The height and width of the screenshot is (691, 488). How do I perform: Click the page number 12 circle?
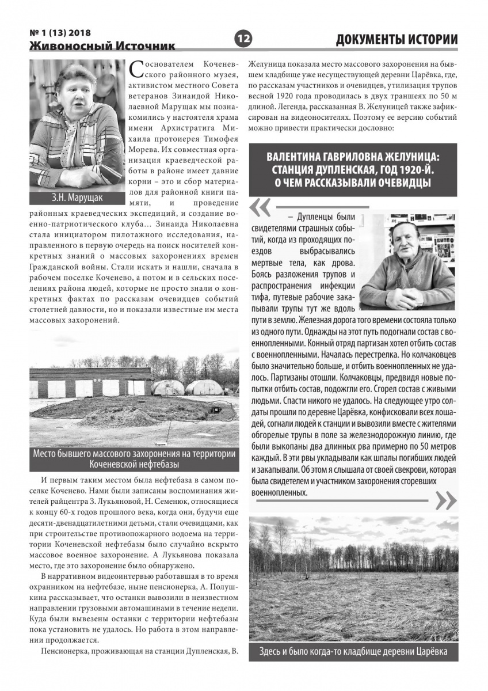243,39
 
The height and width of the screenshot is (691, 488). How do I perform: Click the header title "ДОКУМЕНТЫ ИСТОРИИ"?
396,39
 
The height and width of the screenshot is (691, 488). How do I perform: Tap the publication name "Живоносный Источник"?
102,45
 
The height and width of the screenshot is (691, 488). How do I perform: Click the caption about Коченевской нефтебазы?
134,458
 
